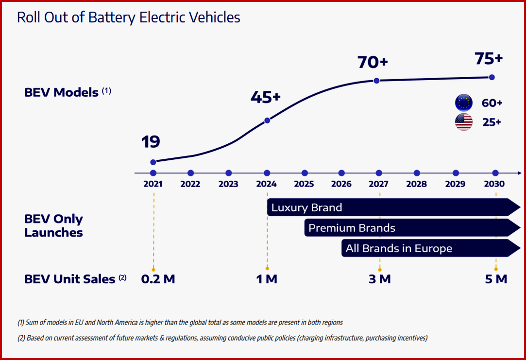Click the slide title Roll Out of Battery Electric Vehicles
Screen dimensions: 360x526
coord(129,17)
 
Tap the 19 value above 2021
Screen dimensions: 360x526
coord(151,142)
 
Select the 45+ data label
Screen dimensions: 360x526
coord(266,97)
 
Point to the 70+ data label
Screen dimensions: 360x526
coord(373,63)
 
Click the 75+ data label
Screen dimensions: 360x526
coord(488,58)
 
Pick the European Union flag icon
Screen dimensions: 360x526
coord(463,103)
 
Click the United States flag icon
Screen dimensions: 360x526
coord(463,122)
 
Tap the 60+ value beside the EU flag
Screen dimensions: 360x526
coord(492,103)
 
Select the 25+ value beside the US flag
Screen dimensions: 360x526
coord(492,122)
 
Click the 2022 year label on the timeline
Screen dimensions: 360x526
coord(190,184)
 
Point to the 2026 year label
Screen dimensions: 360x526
coord(341,184)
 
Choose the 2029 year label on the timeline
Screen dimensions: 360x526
coord(456,184)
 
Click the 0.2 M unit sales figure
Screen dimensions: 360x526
coord(158,279)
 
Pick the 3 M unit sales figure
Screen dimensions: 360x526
coord(379,279)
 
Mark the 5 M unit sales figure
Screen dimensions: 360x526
coord(495,279)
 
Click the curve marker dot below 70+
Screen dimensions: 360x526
coord(376,81)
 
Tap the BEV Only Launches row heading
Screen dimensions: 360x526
coord(53,225)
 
